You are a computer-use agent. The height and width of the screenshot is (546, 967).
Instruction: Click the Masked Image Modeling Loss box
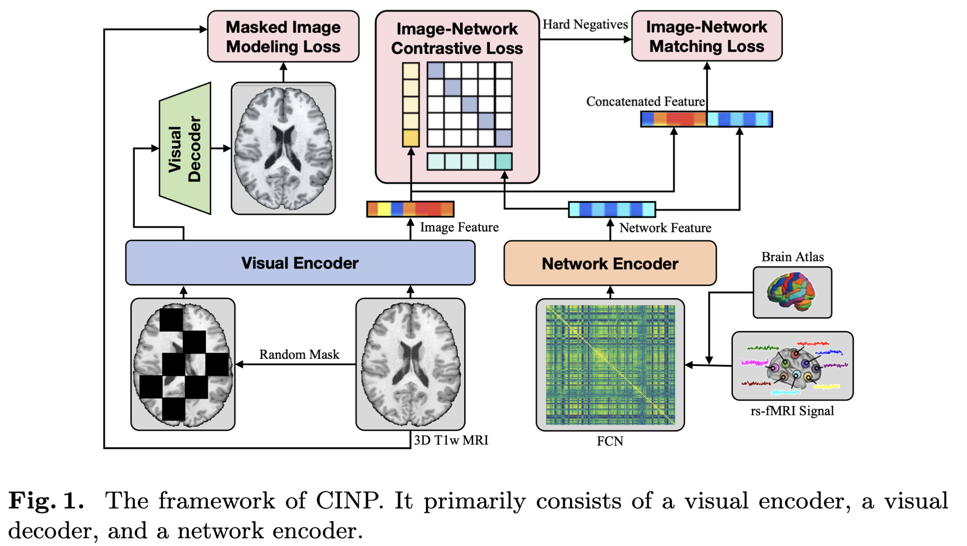(x=283, y=36)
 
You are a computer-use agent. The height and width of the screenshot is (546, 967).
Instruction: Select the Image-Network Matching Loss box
(x=706, y=36)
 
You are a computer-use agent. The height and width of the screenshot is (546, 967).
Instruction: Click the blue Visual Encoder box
(x=300, y=263)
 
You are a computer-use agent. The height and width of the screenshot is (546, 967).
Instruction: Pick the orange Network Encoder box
(x=609, y=264)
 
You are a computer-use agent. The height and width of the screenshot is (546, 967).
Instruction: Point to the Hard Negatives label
(x=585, y=25)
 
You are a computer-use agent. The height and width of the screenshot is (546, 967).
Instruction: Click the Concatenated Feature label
(x=645, y=101)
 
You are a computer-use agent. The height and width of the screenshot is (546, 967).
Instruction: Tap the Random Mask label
(x=299, y=354)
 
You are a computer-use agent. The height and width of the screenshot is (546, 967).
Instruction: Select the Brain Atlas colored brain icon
(x=791, y=292)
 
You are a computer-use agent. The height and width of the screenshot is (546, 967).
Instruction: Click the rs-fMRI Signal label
(x=791, y=411)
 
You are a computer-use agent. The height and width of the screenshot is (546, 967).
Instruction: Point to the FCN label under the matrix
(x=609, y=441)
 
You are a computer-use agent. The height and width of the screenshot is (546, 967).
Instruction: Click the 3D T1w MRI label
(x=451, y=440)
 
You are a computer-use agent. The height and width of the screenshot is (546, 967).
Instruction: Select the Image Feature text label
(x=459, y=227)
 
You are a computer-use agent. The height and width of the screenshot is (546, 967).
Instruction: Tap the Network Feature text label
(x=665, y=228)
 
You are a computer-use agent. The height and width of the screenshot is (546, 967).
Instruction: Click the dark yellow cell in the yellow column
(x=410, y=138)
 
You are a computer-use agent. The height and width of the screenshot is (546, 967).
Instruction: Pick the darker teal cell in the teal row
(x=503, y=161)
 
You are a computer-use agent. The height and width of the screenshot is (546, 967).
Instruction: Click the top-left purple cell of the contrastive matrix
(x=435, y=71)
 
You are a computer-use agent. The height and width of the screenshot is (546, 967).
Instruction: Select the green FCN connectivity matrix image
(x=609, y=365)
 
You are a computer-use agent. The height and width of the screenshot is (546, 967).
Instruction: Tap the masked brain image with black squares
(x=183, y=364)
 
